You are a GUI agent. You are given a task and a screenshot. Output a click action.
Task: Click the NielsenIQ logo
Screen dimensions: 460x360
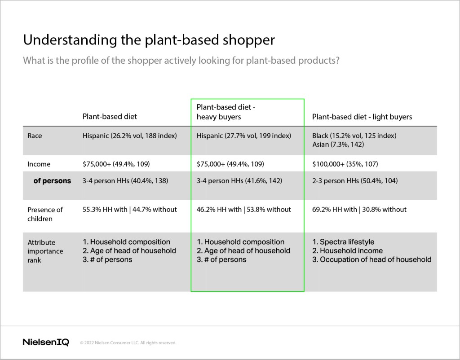[46, 342]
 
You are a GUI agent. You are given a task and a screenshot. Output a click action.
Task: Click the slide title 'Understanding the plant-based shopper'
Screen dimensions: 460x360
[149, 40]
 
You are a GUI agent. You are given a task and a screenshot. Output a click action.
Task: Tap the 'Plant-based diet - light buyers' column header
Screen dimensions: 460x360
[362, 117]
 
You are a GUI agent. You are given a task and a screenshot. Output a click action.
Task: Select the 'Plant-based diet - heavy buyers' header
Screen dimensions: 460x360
[226, 112]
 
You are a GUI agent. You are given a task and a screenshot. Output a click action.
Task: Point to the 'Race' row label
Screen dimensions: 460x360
[35, 136]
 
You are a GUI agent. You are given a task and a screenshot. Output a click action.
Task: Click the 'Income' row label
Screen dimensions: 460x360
[39, 164]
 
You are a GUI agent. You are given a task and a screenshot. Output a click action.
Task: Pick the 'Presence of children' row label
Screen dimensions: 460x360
[45, 214]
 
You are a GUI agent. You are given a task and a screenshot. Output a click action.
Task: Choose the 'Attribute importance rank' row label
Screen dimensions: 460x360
[45, 251]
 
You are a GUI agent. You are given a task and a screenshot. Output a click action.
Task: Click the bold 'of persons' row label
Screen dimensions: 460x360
[52, 181]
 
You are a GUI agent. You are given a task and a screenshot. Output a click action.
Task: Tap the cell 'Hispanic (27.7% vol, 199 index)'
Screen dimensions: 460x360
[244, 136]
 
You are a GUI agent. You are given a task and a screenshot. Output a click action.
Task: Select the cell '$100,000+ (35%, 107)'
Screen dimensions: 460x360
[345, 164]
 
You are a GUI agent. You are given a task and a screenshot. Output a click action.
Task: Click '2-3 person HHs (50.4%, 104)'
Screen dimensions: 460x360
[355, 181]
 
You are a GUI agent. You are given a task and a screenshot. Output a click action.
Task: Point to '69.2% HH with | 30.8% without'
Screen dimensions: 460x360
[359, 210]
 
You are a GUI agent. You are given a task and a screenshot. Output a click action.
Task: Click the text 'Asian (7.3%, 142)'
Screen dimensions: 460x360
[338, 145]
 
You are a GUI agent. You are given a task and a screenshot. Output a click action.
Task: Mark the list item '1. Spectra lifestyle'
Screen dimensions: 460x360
[343, 242]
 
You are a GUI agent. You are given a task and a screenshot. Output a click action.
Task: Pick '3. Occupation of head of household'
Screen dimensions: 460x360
[372, 259]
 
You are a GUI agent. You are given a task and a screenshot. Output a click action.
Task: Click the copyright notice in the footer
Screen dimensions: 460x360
[128, 342]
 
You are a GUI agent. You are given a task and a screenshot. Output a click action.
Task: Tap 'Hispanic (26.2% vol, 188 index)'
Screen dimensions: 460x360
[130, 136]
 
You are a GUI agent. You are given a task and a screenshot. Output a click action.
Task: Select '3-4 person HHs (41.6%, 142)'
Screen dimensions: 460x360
[239, 181]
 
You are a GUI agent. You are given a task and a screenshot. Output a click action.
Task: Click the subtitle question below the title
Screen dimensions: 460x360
[181, 61]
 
